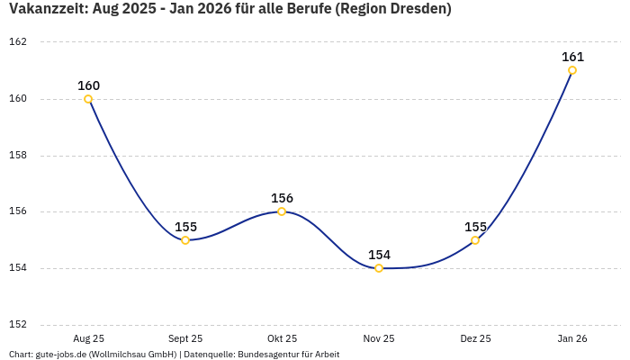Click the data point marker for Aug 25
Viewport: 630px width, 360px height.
pos(88,99)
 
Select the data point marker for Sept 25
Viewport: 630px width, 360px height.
pos(185,240)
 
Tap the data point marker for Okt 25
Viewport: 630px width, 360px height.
pos(282,211)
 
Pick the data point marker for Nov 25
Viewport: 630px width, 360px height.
pos(379,268)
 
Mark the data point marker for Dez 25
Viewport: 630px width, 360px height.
pos(475,240)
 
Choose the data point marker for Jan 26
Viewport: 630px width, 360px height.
pos(572,70)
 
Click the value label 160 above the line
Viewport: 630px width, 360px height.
pos(88,85)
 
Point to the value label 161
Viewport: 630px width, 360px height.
pos(572,57)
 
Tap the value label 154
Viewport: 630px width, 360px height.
pos(379,255)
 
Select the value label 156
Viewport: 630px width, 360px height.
pos(282,198)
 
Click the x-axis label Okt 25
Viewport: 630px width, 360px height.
pos(282,338)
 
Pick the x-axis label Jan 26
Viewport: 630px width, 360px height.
pos(572,338)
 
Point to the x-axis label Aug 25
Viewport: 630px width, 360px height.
pos(88,338)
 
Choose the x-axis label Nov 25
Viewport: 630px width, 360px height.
pos(379,338)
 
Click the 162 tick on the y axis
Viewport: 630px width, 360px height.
pos(18,42)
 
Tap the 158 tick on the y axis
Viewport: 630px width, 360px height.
pos(18,155)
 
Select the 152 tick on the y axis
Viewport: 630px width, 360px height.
pos(18,324)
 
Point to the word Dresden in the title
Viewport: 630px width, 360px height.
pos(417,9)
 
